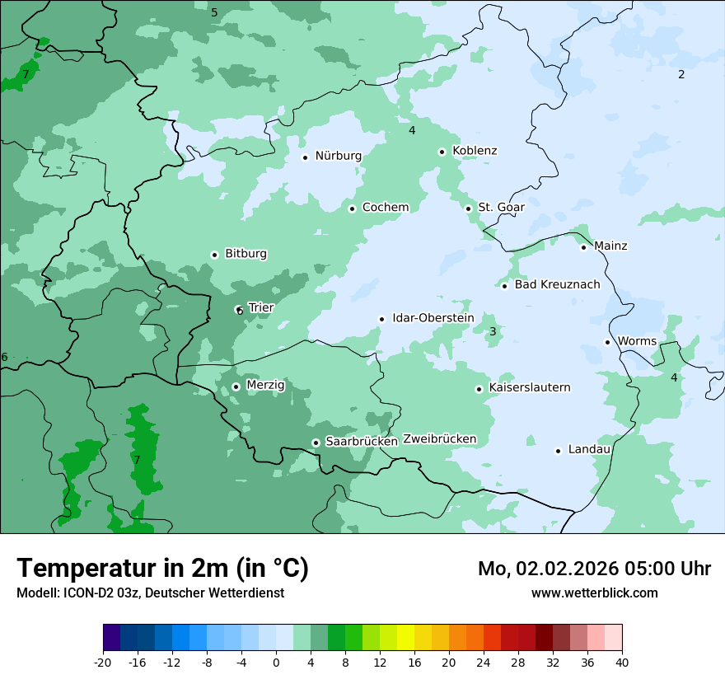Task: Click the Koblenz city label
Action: point(475,151)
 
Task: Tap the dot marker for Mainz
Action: point(583,247)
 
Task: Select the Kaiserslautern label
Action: point(529,387)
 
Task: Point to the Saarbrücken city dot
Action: point(316,443)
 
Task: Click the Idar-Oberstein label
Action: point(433,318)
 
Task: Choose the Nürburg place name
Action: point(338,156)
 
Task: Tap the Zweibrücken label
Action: point(439,438)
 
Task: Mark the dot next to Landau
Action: point(558,451)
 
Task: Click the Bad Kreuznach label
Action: point(557,284)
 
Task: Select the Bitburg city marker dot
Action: point(214,255)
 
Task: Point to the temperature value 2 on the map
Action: point(681,74)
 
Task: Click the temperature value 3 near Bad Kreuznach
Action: point(493,331)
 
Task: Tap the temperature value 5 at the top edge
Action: point(214,12)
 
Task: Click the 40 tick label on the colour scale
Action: point(622,662)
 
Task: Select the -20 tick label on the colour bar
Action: point(103,662)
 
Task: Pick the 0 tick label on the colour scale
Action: point(276,662)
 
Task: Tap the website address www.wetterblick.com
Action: point(594,593)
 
